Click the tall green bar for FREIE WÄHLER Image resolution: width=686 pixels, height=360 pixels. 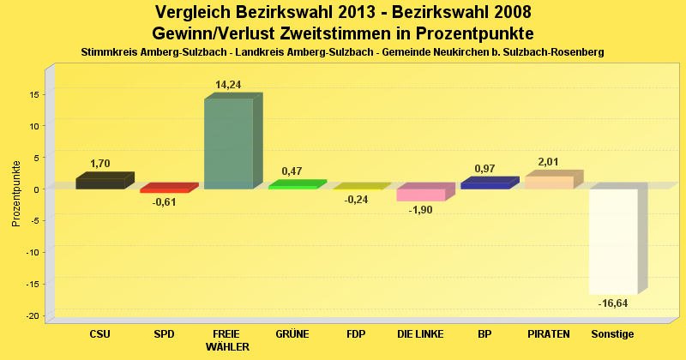tap(228, 143)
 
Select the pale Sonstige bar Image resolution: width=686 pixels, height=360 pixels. tap(613, 241)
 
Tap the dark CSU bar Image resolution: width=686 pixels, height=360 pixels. tap(99, 183)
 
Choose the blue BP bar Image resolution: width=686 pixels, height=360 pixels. tap(484, 184)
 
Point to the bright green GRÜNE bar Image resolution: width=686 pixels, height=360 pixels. tap(292, 186)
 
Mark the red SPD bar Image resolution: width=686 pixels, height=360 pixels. tap(164, 190)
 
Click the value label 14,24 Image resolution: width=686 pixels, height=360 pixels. tap(229, 85)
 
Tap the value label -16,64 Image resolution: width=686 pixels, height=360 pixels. tap(613, 303)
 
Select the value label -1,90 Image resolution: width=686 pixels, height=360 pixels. tap(420, 210)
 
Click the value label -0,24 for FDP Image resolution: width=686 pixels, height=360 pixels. tap(356, 200)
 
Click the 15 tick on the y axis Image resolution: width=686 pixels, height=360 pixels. tap(33, 94)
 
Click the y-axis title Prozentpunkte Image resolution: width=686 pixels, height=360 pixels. tap(16, 193)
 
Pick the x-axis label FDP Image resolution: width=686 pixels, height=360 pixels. tap(356, 333)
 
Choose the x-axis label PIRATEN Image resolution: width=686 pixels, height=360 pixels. tap(549, 333)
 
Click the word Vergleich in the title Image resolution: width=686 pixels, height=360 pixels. tap(195, 13)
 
